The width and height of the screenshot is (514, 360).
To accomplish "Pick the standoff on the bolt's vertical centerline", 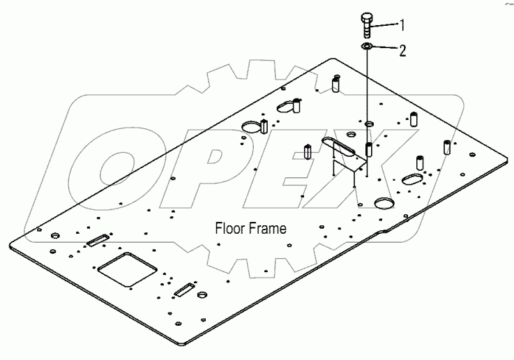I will [x=369, y=149].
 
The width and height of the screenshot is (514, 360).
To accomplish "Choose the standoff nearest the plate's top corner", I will [x=335, y=85].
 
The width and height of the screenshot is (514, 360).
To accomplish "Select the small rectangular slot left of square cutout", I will [x=96, y=241].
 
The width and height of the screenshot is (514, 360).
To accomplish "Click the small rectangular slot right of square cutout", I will [x=184, y=290].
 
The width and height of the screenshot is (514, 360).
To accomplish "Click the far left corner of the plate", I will [x=12, y=245].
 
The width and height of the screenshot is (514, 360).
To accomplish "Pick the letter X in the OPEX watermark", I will [x=376, y=167].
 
